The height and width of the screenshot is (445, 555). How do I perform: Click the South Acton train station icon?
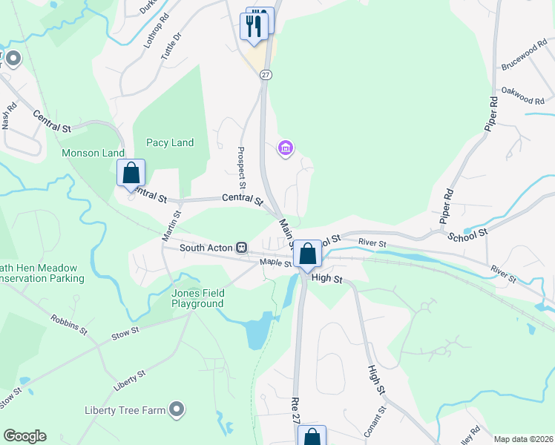241,247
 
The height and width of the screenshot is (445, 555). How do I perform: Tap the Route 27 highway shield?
266,74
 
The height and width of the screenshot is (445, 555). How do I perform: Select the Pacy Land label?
170,142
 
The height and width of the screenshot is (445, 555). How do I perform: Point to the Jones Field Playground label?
197,298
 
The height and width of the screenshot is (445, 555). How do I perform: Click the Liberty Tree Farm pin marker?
177,408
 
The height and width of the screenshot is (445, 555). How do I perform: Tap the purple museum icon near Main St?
284,149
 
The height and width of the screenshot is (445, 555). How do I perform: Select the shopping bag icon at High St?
307,254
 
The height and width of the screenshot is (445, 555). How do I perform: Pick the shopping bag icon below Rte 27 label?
312,436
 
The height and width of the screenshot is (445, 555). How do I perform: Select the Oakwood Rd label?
523,96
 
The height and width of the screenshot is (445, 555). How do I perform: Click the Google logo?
24,436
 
